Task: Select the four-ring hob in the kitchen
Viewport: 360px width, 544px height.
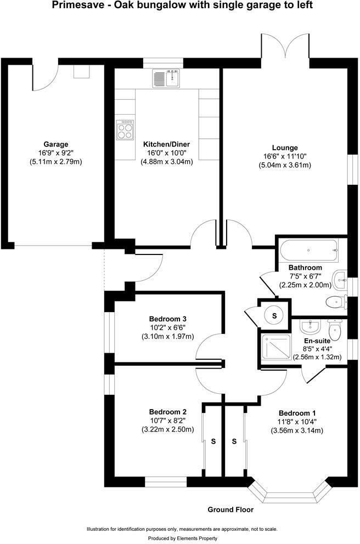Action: coord(125,130)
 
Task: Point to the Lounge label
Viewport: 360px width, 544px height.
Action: coord(285,148)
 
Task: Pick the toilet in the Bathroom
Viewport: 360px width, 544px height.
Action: coord(335,301)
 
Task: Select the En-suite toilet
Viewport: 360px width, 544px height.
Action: coord(334,329)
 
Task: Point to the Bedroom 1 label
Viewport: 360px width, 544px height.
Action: coord(297,413)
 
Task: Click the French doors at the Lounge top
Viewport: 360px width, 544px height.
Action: coord(285,45)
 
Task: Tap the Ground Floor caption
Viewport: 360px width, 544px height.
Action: coord(230,509)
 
